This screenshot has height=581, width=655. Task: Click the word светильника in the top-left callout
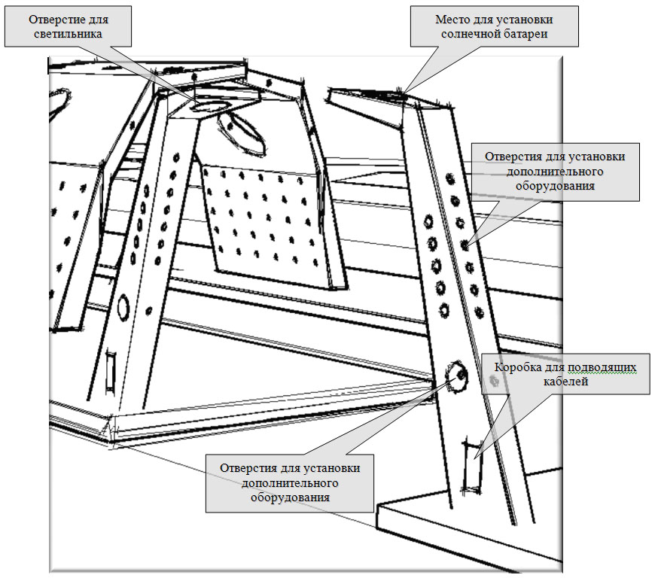pyautogui.click(x=68, y=34)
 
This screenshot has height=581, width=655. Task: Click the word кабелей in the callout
pyautogui.click(x=565, y=382)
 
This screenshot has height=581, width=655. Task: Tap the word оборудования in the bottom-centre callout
pyautogui.click(x=290, y=497)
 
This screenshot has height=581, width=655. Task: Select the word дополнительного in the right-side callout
pyautogui.click(x=555, y=172)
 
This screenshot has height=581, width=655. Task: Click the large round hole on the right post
pyautogui.click(x=456, y=375)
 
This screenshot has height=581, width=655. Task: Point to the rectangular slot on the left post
pyautogui.click(x=111, y=370)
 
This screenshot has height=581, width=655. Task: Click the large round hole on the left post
pyautogui.click(x=123, y=307)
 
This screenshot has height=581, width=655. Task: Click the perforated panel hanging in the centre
pyautogui.click(x=272, y=226)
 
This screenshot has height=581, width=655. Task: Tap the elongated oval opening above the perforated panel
pyautogui.click(x=242, y=134)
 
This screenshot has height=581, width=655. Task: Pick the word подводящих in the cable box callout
pyautogui.click(x=601, y=367)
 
